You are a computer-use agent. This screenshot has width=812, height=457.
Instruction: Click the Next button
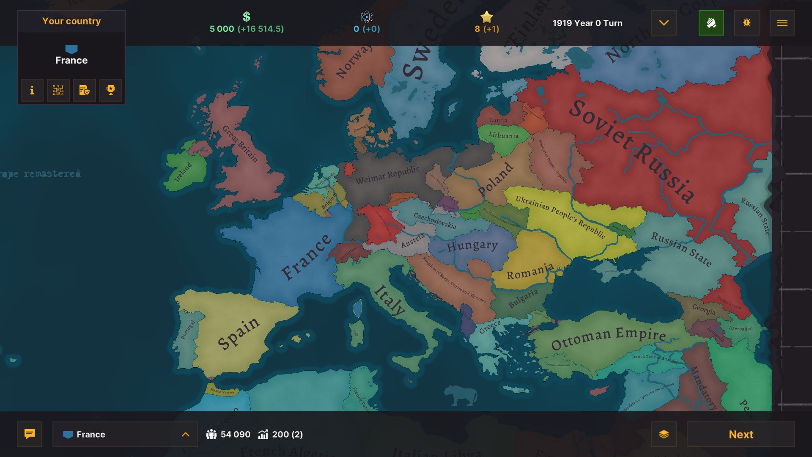tap(741, 434)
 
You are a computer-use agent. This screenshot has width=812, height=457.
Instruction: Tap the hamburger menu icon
tap(782, 23)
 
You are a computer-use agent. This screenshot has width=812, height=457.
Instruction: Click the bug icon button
tap(746, 23)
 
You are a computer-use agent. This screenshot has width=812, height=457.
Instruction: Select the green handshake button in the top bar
tap(711, 23)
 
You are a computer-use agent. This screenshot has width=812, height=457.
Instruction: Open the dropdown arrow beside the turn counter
tap(664, 23)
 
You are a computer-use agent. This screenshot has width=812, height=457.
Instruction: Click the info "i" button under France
tap(32, 90)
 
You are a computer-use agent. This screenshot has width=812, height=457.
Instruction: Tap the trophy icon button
tap(110, 90)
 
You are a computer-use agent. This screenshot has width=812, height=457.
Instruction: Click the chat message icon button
tap(30, 434)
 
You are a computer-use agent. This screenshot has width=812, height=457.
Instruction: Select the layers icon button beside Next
tap(664, 434)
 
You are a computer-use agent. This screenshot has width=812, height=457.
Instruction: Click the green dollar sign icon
tap(247, 17)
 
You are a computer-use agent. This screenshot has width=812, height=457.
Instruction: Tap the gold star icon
tap(487, 17)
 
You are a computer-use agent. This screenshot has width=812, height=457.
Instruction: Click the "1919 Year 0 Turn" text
tap(587, 23)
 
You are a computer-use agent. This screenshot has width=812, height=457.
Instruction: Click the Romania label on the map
tap(530, 271)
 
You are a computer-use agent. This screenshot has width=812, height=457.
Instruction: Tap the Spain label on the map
tap(238, 333)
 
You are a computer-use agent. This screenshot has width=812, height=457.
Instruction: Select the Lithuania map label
tap(503, 135)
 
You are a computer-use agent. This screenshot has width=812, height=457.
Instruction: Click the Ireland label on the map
tap(183, 172)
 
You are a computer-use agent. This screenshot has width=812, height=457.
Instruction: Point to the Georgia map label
tap(704, 309)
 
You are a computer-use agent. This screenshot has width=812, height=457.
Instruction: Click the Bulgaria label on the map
tap(523, 298)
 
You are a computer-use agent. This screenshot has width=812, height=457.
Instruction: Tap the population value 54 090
tap(235, 435)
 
